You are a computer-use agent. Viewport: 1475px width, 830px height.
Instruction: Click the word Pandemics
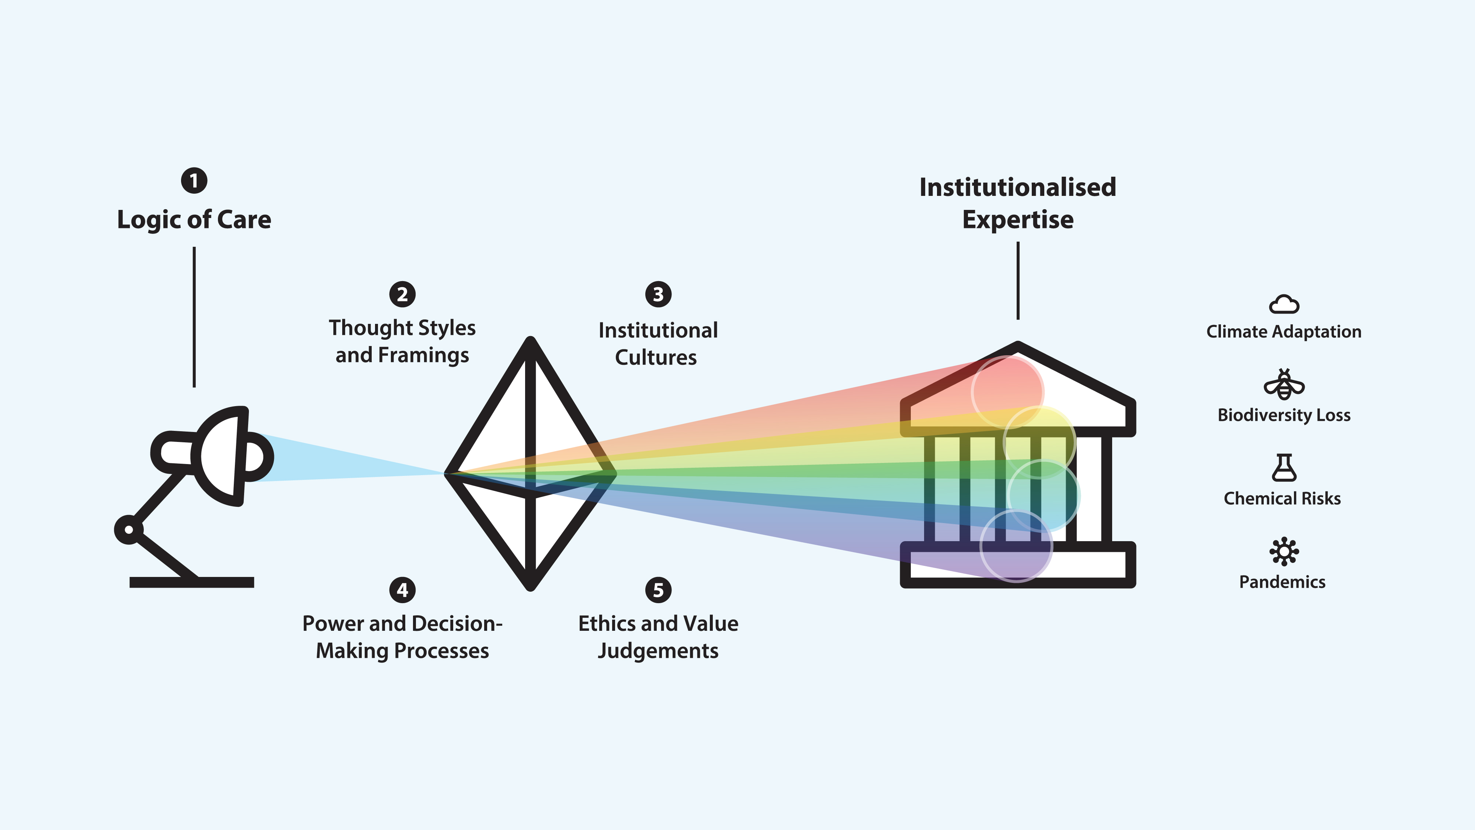(1282, 582)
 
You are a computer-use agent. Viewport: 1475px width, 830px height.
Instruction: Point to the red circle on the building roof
(1008, 392)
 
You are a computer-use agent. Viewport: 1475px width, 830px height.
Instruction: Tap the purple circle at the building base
(1016, 546)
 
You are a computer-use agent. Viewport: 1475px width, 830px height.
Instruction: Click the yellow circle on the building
(1039, 441)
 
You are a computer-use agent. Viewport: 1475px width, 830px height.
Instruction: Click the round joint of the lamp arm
(129, 529)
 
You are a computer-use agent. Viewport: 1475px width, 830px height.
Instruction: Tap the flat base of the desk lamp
(192, 582)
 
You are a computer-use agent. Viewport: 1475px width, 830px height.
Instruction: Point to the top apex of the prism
(530, 341)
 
